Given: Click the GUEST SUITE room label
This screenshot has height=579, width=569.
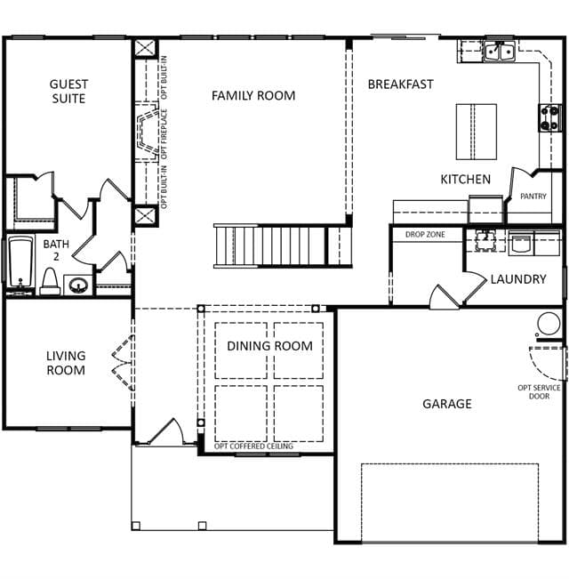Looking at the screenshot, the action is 68,92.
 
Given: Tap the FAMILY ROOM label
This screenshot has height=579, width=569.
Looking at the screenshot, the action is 253,96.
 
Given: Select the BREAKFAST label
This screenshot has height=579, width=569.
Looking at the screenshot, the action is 400,84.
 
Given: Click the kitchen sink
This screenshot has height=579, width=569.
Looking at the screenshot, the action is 500,52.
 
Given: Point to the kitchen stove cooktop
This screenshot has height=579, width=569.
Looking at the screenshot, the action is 549,117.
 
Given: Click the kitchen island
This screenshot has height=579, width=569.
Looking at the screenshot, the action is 476,132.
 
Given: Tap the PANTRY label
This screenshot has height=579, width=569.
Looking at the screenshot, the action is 533,196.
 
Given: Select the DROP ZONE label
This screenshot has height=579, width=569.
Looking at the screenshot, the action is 425,235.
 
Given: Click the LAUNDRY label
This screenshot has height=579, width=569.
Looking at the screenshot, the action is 518,279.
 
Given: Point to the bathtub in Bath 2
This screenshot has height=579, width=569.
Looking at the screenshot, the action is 20,261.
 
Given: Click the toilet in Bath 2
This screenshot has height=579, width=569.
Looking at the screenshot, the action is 50,281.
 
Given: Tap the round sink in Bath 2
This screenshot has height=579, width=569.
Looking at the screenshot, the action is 78,285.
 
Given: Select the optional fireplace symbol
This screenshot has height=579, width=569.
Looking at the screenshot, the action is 148,132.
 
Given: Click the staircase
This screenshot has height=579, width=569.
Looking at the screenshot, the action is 283,245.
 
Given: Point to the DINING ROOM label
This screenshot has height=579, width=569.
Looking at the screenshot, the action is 269,346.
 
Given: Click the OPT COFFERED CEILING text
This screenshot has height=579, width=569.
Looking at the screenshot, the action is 253,446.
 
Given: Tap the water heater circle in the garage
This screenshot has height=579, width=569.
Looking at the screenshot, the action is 549,324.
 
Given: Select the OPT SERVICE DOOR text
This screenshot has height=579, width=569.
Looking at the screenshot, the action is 539,392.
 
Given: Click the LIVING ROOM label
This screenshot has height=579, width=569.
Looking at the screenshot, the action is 66,363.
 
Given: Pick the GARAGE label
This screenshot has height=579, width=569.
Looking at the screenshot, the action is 447,404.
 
